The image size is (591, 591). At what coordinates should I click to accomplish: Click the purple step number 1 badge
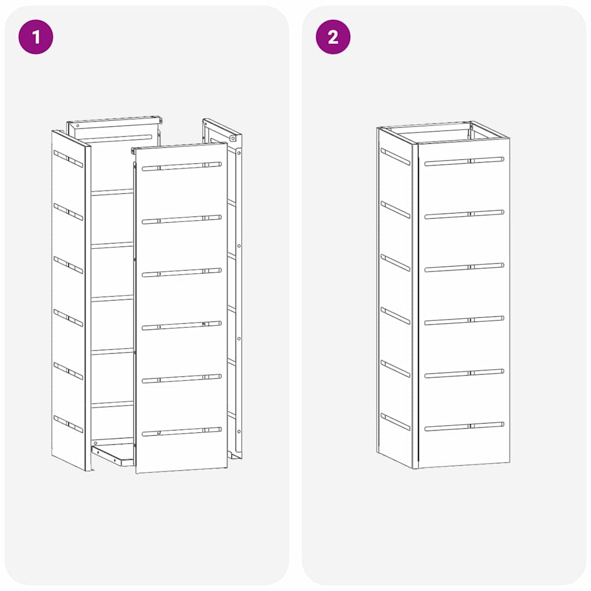point(36,37)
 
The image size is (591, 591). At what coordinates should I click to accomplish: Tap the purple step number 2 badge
point(333,37)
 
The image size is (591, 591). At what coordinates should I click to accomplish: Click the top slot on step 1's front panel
point(181,166)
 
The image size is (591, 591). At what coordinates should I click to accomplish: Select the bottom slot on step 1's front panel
point(181,431)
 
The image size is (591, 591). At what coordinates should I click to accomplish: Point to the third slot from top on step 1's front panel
point(181,272)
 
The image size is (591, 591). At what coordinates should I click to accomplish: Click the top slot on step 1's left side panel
point(68,159)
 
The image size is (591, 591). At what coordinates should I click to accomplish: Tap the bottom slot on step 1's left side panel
point(68,424)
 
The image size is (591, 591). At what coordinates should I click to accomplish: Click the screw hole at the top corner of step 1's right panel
point(233,139)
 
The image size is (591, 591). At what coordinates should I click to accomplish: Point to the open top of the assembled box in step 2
point(443,133)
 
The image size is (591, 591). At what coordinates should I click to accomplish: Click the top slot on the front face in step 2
point(464,162)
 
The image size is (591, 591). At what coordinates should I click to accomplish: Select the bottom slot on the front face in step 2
point(464,427)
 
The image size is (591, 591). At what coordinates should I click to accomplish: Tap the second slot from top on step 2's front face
point(464,215)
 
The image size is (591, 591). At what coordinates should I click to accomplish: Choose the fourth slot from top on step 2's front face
point(464,321)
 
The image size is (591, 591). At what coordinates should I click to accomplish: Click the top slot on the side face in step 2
point(395,156)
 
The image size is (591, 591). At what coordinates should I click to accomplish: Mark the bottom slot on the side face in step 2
point(395,422)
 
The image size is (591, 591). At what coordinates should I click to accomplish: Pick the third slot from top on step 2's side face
point(395,263)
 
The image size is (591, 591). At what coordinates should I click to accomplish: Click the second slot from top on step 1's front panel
point(181,219)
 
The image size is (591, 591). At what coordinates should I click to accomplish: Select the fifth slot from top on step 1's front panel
point(181,379)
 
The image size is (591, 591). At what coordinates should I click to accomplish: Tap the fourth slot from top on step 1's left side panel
point(68,317)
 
